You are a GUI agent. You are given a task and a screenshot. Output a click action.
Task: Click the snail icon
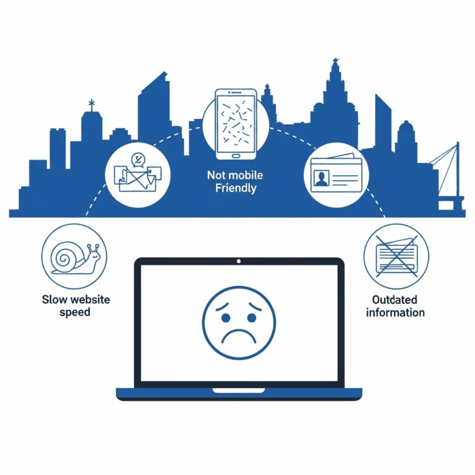(x=75, y=258)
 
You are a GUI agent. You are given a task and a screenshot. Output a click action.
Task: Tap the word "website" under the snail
(x=90, y=300)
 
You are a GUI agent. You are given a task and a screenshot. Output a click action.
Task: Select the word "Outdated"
(x=395, y=300)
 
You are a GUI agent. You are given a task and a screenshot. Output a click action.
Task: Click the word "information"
(x=395, y=312)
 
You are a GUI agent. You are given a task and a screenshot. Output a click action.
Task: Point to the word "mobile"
(x=245, y=175)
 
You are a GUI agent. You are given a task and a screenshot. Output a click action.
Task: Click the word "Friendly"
(x=236, y=188)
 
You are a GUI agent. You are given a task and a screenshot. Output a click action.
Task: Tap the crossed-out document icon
(x=396, y=256)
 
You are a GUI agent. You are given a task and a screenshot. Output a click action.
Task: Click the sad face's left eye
(x=226, y=318)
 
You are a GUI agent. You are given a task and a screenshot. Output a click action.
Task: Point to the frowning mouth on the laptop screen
(x=239, y=336)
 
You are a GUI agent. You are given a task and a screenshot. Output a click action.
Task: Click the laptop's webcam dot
(x=239, y=261)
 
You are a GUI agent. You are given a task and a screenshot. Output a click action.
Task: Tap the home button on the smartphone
(x=236, y=156)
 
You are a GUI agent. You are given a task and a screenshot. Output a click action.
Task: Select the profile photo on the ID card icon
(x=321, y=178)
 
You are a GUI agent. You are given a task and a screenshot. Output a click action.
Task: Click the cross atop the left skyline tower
(x=91, y=103)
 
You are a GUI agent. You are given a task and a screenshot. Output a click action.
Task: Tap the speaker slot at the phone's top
(x=236, y=93)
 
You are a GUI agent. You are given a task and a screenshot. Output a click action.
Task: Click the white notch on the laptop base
(x=239, y=390)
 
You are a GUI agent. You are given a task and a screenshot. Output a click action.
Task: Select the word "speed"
(x=75, y=312)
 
